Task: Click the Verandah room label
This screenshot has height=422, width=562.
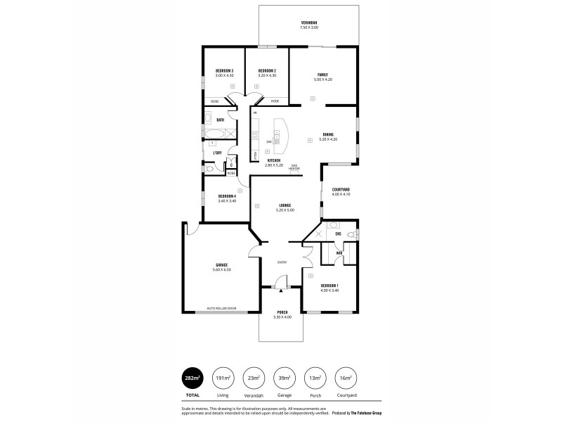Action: coord(309,23)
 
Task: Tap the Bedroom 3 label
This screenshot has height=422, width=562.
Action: coord(224,71)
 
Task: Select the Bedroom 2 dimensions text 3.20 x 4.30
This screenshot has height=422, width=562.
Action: coord(267,75)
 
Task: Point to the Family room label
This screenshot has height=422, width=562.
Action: coord(322,75)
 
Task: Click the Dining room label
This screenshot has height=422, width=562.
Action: coord(328,134)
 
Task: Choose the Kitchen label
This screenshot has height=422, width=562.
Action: coord(274,160)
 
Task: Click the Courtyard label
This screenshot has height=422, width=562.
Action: coord(341,189)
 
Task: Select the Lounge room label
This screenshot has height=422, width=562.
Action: coord(285,205)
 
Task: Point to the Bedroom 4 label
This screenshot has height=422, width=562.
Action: coord(226,196)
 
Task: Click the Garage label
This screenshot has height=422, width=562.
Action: coord(221,265)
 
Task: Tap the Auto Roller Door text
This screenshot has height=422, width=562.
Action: coord(221,308)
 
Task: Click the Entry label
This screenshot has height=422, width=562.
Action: coord(282,262)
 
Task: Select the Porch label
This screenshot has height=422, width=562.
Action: coord(282,312)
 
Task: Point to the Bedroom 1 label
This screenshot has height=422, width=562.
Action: coord(329,286)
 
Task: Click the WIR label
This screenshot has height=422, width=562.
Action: coord(339,252)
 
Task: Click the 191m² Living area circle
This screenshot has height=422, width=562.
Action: coord(223,378)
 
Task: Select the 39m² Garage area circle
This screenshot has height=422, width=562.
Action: coord(285,378)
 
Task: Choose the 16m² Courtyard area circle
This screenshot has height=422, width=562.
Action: coord(345,378)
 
